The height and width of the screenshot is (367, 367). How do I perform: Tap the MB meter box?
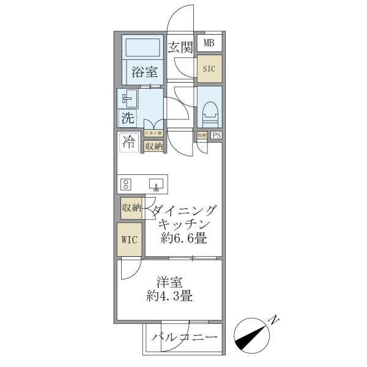click(209, 43)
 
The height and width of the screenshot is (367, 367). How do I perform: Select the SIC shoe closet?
click(209, 69)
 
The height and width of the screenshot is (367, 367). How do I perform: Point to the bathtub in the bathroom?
click(141, 48)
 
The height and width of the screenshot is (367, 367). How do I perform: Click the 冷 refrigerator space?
click(129, 143)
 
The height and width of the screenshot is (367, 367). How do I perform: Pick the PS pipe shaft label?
click(217, 136)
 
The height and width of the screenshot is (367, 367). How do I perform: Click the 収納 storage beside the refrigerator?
click(153, 146)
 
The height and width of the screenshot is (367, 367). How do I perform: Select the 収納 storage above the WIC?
click(131, 208)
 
